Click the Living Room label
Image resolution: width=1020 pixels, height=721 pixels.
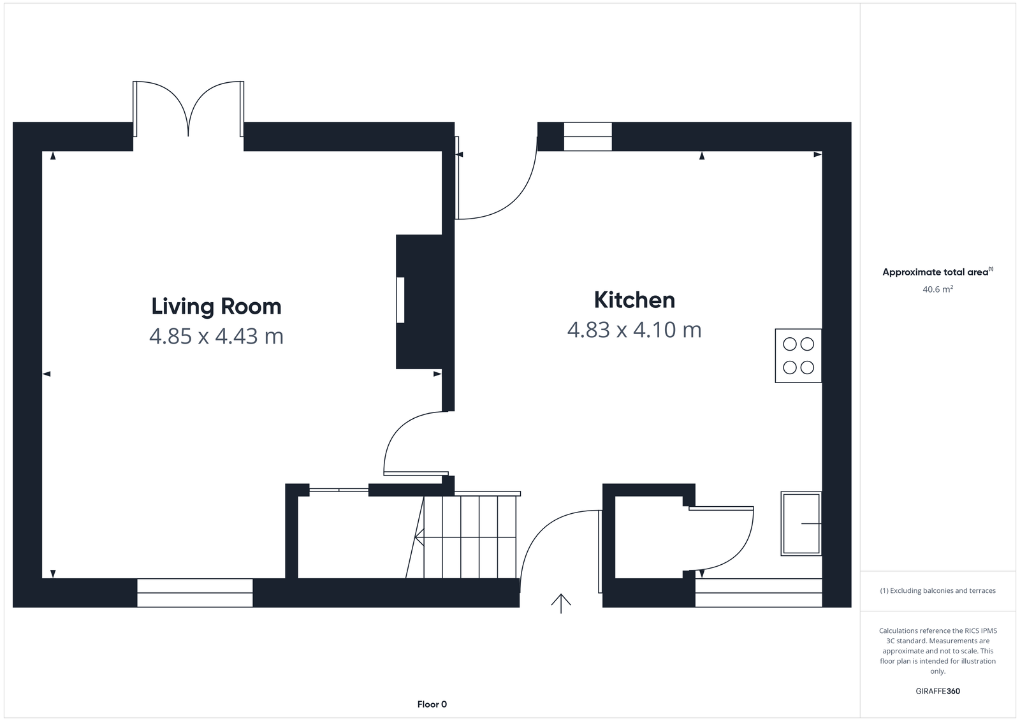point(216,306)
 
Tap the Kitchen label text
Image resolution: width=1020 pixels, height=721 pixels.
point(634,300)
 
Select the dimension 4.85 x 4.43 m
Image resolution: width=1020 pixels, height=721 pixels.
point(216,336)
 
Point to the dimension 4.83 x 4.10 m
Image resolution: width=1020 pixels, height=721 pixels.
point(634,330)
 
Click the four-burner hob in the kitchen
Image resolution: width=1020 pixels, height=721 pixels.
point(798,356)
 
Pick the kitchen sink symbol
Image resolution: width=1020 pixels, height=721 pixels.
point(801,523)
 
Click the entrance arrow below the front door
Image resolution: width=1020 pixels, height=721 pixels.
point(561,603)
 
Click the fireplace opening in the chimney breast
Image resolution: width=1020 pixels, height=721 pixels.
point(400,300)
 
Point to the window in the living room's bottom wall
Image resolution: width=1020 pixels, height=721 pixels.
point(195,592)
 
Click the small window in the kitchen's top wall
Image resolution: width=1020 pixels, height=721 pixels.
point(588,136)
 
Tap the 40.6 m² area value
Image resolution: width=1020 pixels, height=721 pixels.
point(938,289)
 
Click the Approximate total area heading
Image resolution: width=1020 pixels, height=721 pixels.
point(936,272)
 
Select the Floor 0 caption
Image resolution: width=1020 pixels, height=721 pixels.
point(432,704)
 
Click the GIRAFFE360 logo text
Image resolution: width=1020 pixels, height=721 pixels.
point(938,691)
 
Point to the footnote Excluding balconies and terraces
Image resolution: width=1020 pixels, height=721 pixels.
point(938,591)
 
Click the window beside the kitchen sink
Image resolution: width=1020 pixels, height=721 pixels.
point(759,592)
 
